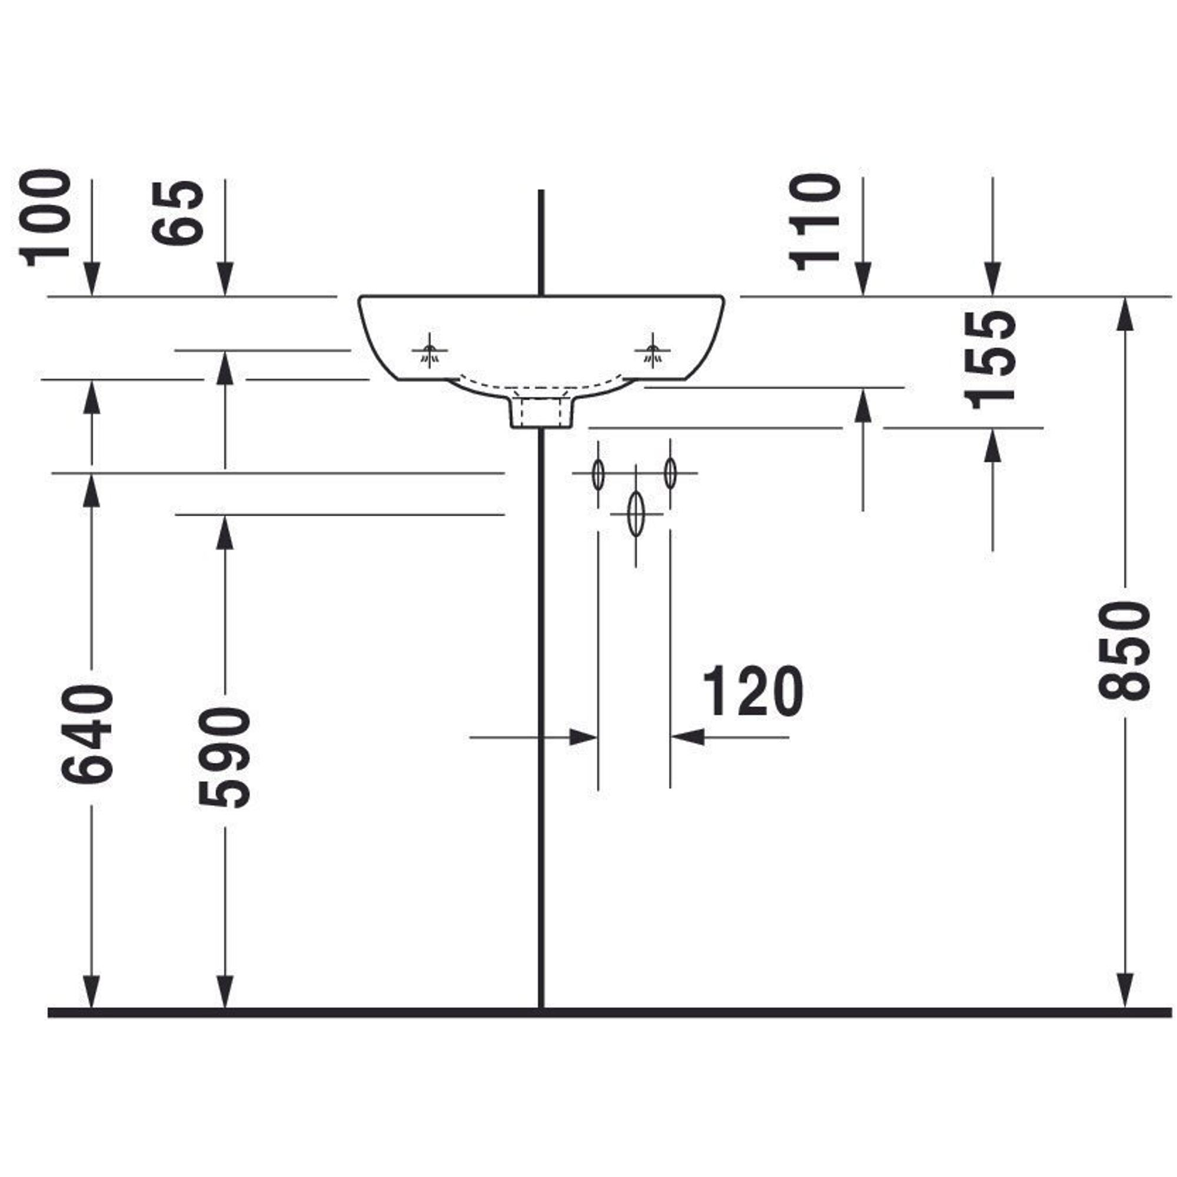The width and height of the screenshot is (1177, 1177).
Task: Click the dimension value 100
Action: point(45,218)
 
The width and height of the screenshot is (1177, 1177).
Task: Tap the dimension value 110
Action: point(814,222)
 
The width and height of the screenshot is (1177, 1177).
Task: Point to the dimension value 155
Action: point(990,359)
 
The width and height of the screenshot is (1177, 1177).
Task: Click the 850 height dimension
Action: point(1124,650)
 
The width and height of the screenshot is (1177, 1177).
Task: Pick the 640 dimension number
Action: point(87,734)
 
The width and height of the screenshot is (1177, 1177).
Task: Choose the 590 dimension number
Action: point(224,757)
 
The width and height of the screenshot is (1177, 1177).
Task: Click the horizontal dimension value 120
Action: point(753,691)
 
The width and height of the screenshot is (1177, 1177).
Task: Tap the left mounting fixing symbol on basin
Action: point(430,351)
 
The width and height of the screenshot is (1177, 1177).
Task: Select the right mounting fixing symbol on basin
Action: point(653,351)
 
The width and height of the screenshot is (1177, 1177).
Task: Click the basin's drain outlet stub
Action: point(540,413)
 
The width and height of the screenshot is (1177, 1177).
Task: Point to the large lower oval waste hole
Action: point(636,514)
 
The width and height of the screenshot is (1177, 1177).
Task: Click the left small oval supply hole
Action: point(599,473)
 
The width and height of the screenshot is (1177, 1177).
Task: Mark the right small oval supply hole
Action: point(670,473)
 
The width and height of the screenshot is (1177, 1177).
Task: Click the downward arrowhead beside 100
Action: point(92,279)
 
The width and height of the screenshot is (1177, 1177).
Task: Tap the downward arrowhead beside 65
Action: point(225,279)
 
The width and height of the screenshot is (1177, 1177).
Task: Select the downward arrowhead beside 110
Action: point(863,279)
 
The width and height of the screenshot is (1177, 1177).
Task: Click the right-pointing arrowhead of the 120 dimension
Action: point(583,737)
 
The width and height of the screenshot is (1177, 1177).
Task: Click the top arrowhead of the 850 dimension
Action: point(1125,314)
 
